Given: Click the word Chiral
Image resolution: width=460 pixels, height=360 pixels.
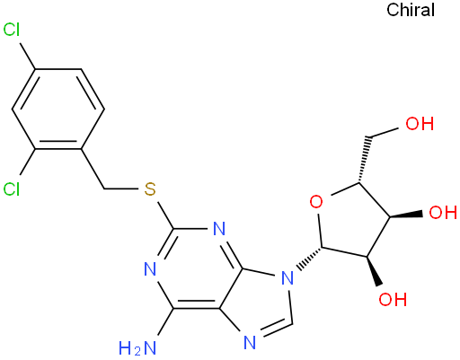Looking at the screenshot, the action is click(411, 10).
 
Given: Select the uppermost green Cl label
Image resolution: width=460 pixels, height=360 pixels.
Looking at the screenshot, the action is click(12, 30).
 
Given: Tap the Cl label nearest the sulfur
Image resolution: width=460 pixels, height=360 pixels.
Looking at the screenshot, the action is click(12, 189).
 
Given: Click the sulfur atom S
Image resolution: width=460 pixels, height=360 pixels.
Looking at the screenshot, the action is click(150, 189).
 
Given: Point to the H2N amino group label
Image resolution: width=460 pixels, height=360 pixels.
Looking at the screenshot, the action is click(137, 348).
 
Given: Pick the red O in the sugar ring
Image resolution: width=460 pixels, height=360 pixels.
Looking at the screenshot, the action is click(316, 201).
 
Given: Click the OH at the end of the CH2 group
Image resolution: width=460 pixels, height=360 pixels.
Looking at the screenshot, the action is click(420, 124).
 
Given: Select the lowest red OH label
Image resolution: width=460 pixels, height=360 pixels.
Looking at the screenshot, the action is click(393, 299).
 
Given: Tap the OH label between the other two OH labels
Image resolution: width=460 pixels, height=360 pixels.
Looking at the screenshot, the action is click(443, 213).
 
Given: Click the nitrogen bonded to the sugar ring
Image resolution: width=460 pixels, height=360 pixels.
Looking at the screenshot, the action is click(287, 278).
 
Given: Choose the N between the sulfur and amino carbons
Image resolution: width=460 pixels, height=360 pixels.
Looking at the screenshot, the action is click(150, 269).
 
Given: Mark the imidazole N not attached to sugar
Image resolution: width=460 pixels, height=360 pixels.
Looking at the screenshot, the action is click(250, 342).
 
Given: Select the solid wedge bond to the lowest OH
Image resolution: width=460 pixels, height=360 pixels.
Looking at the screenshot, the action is click(374, 271).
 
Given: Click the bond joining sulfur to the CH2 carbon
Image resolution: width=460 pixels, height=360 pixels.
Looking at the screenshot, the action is click(121, 189).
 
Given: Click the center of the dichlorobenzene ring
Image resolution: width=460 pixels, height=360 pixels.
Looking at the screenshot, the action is click(58, 109).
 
